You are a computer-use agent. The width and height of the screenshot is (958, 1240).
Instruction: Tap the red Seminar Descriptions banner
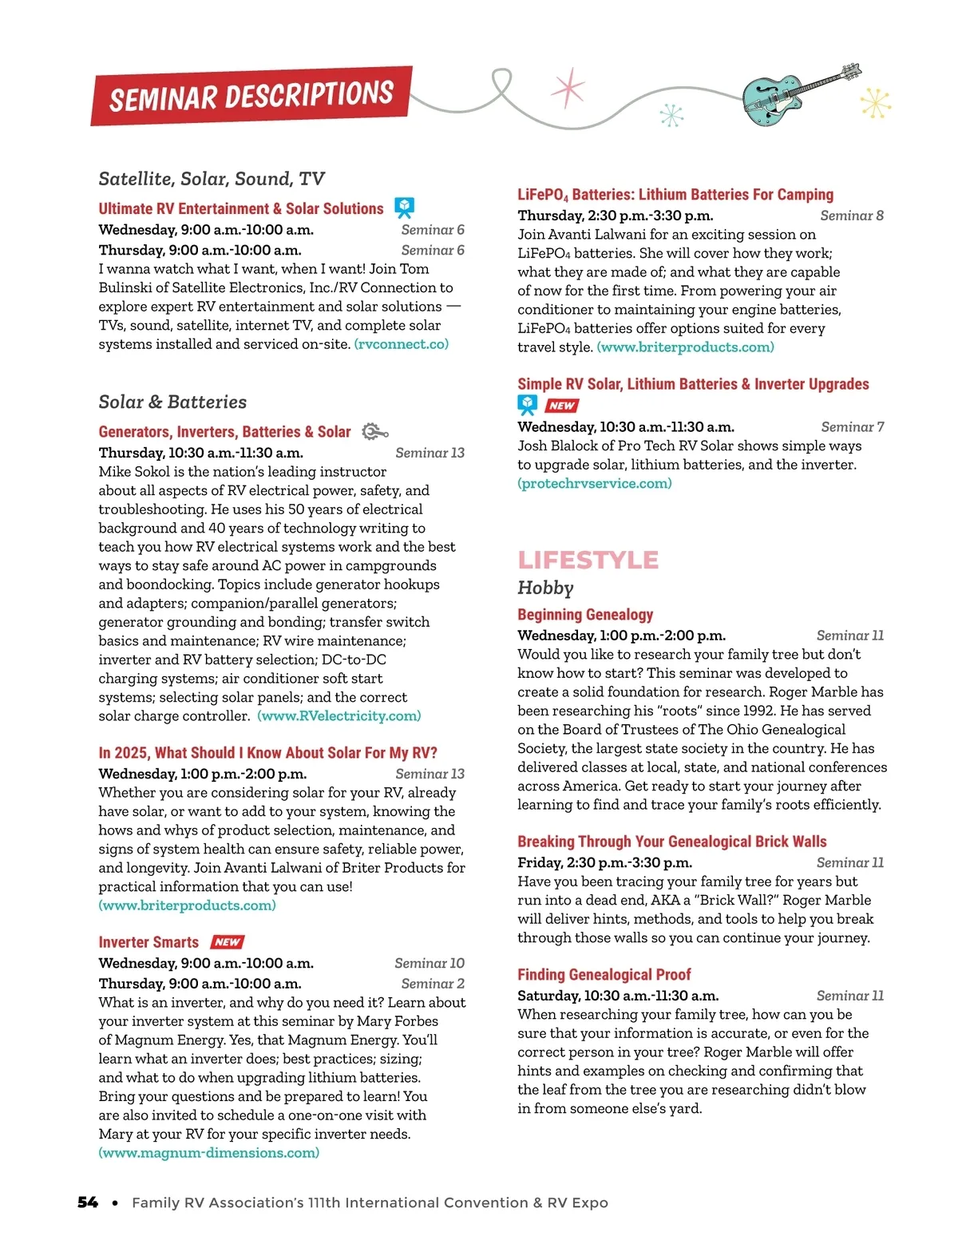[251, 96]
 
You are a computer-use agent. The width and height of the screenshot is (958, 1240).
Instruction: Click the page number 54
[88, 1202]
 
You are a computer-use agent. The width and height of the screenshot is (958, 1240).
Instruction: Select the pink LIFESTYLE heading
[588, 560]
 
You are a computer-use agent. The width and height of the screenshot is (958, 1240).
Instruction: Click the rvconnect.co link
[402, 344]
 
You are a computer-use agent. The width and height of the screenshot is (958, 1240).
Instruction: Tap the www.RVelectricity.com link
[339, 716]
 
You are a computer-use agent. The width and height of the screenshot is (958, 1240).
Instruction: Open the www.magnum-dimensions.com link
[209, 1153]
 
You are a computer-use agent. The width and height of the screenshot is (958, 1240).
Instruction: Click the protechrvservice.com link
[595, 484]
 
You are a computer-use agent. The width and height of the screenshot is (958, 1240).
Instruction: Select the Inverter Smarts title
[148, 942]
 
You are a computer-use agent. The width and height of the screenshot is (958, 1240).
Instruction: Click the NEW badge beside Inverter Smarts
[228, 942]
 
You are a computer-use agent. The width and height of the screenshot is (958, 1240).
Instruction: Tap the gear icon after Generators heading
[374, 432]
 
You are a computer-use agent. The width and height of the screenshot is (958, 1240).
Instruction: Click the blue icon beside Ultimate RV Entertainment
[405, 208]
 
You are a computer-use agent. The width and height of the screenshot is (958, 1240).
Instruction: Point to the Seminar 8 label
[852, 216]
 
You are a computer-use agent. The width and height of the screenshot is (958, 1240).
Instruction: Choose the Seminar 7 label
[852, 427]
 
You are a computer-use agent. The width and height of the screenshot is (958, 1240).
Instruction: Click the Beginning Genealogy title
[585, 615]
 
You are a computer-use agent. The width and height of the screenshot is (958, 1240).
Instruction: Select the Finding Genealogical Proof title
[604, 975]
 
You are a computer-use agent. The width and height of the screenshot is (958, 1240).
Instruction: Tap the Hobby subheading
[545, 588]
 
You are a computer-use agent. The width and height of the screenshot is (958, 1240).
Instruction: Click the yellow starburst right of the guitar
[876, 104]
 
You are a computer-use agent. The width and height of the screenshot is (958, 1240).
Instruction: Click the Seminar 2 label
[432, 984]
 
